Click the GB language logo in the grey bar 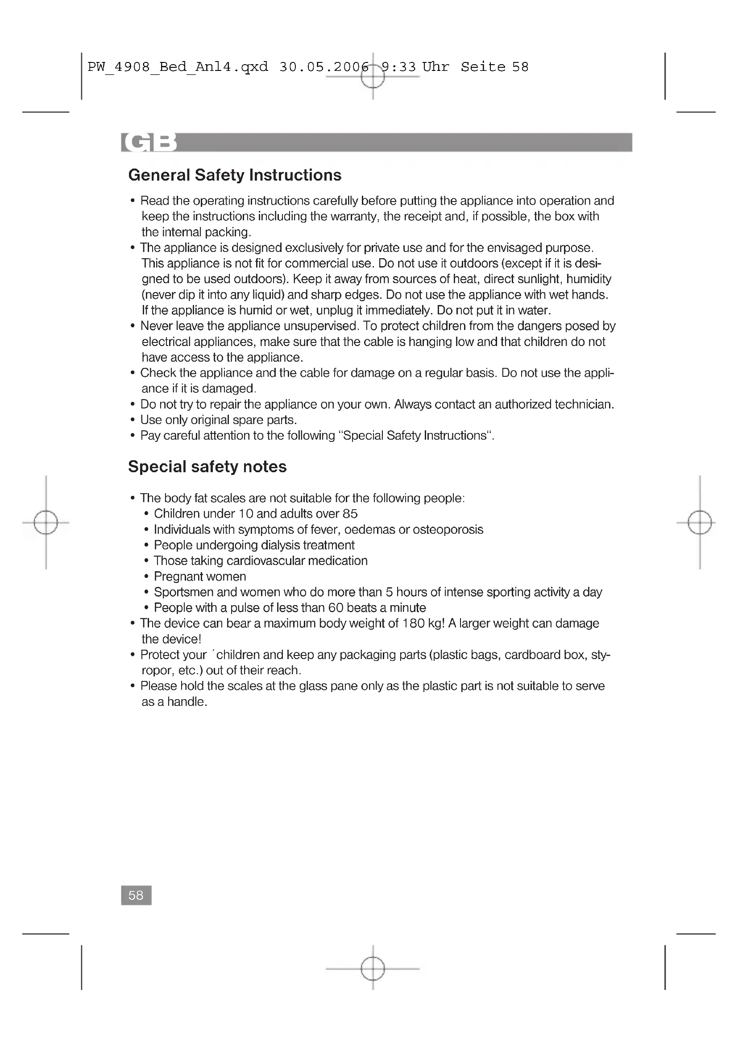click(149, 142)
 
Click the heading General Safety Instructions click(235, 175)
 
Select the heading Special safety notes click(207, 466)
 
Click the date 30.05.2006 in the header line click(324, 67)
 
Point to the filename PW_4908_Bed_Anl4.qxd click(177, 67)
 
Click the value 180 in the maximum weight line click(413, 623)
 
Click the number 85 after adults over click(350, 514)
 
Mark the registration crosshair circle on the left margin click(46, 523)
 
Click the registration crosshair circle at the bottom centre click(373, 969)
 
